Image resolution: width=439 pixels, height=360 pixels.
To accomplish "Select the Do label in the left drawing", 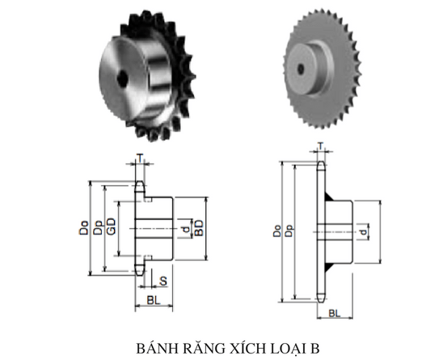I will [83, 229].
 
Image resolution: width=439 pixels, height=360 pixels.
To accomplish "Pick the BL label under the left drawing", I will [152, 302].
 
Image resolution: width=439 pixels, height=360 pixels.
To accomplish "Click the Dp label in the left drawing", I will [97, 229].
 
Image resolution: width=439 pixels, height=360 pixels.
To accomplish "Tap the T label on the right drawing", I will [321, 147].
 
